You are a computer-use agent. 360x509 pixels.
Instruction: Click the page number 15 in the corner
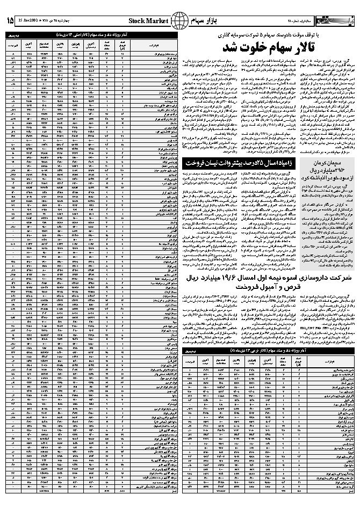(x=10, y=20)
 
